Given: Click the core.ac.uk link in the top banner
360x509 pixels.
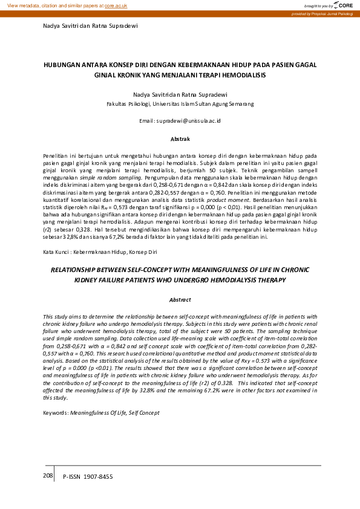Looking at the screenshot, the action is [116, 5].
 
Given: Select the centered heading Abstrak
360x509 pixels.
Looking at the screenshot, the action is [180, 138].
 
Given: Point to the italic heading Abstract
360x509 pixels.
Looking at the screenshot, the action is [180, 299].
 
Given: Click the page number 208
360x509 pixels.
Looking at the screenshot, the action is [48, 476].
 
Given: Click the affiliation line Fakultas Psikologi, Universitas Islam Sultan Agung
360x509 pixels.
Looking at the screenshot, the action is [180, 104].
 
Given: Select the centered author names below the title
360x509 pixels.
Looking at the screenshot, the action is [180, 94].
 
